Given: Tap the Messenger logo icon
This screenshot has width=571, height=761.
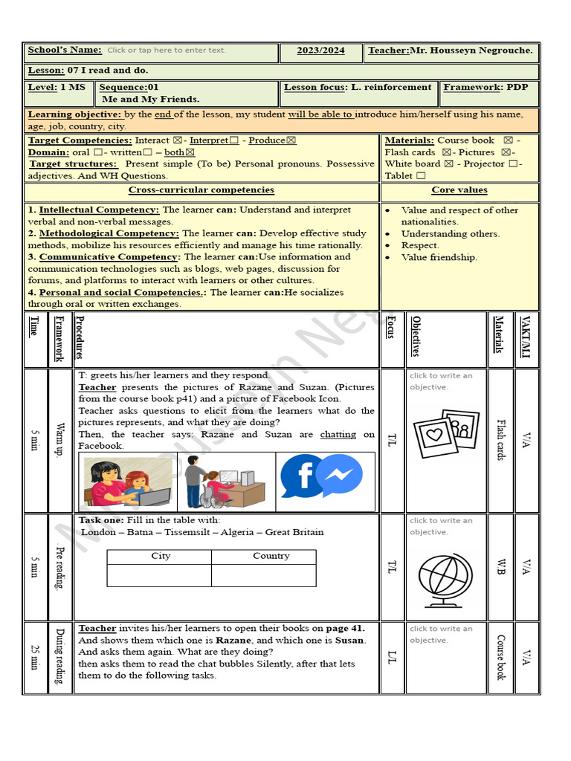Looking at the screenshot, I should click(340, 475).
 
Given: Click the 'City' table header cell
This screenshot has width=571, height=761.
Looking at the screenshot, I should click(160, 556).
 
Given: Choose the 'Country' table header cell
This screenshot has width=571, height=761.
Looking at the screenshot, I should click(271, 556).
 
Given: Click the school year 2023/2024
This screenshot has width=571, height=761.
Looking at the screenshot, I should click(320, 51).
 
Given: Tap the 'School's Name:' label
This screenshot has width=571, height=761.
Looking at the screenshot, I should click(65, 50).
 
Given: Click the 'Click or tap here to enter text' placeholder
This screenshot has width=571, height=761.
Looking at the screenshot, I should click(166, 51).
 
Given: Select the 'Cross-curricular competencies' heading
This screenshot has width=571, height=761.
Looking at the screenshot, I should click(201, 190).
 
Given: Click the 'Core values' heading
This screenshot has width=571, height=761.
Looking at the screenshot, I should click(459, 190).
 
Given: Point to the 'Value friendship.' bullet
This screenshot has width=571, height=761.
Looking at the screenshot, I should click(439, 257).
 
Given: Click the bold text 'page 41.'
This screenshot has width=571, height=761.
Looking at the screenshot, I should click(345, 628).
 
